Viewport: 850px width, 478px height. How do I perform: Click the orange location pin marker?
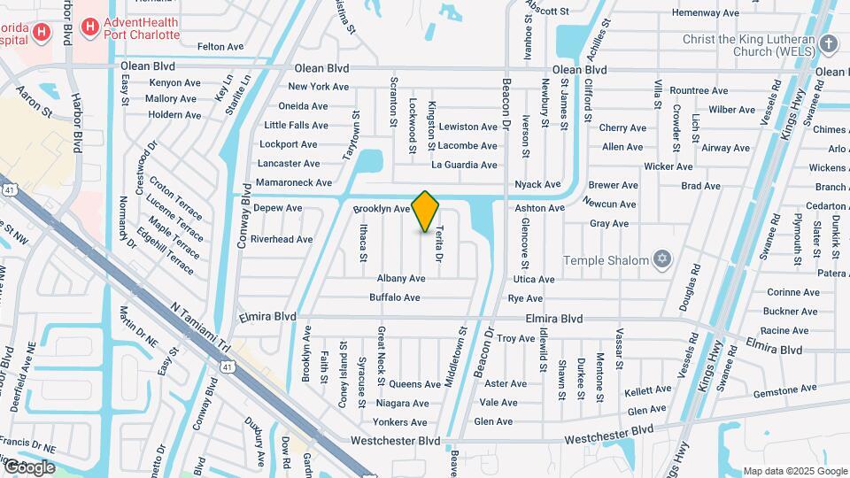pos(426,211)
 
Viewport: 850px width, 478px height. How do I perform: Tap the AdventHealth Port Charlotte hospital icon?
pos(89,27)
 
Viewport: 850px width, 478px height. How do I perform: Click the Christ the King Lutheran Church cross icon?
pos(829,44)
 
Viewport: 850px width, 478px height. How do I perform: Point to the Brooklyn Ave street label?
pos(382,209)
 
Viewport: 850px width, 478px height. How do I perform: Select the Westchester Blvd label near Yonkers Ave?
pos(395,440)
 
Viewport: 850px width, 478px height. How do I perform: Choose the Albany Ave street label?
pos(401,278)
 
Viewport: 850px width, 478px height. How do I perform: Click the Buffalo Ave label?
pos(394,297)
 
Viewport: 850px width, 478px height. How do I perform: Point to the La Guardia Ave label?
pos(464,165)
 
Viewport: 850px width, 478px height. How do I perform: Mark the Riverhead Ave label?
pos(282,239)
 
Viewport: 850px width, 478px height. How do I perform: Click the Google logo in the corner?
pos(28,467)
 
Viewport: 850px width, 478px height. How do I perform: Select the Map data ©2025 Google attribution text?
pos(794,471)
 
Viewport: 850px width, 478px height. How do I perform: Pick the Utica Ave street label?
pos(534,279)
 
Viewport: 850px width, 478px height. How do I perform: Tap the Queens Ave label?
pos(414,384)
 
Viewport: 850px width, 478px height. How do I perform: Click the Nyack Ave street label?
pos(538,185)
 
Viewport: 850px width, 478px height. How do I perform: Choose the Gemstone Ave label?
pos(784,389)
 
